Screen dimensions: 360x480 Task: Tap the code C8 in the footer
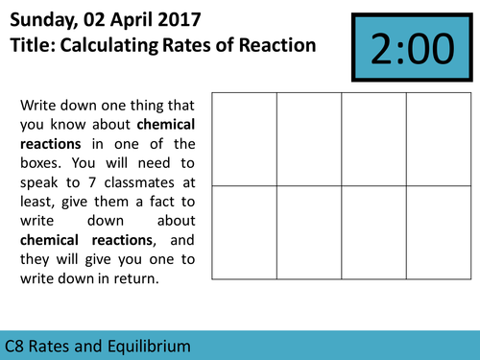(x=15, y=345)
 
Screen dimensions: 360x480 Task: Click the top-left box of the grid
(x=244, y=138)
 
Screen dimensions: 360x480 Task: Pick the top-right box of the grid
(x=438, y=138)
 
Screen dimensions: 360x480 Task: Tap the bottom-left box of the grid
(x=244, y=231)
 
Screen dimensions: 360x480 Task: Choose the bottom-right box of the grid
(x=438, y=231)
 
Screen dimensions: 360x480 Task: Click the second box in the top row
(x=308, y=138)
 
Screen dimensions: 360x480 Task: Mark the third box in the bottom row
(x=373, y=231)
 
